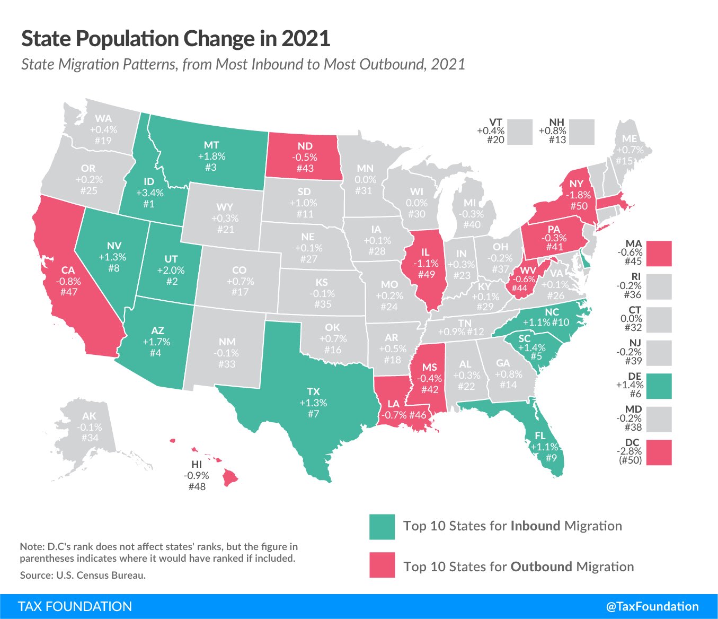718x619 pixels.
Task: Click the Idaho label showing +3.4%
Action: pyautogui.click(x=149, y=193)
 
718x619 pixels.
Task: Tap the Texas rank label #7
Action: pyautogui.click(x=313, y=414)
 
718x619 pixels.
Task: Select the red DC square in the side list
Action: pyautogui.click(x=659, y=452)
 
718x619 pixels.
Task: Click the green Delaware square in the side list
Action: pyautogui.click(x=659, y=386)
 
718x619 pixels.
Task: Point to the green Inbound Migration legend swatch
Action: pyautogui.click(x=382, y=527)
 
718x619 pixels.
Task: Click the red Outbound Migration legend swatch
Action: pyautogui.click(x=382, y=565)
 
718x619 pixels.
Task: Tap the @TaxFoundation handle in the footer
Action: pyautogui.click(x=652, y=606)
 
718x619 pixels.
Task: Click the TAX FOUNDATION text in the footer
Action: pyautogui.click(x=75, y=606)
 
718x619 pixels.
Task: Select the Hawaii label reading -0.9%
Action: pyautogui.click(x=197, y=475)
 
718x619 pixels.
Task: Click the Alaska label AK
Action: pyautogui.click(x=90, y=416)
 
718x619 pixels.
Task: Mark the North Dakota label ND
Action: pyautogui.click(x=305, y=146)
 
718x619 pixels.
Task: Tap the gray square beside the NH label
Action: pyautogui.click(x=582, y=132)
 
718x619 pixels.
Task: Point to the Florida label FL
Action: pyautogui.click(x=540, y=435)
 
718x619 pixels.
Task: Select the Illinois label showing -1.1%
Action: pyautogui.click(x=426, y=263)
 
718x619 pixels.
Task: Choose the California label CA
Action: pyautogui.click(x=68, y=270)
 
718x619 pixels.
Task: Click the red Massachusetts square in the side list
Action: pyautogui.click(x=659, y=254)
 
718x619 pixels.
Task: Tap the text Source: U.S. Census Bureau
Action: pyautogui.click(x=83, y=575)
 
